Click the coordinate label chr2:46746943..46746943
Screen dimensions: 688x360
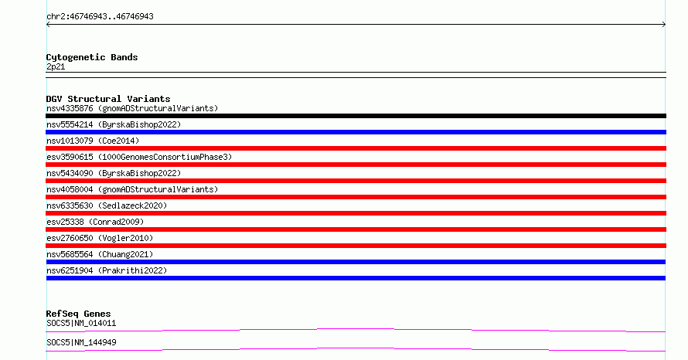coord(100,17)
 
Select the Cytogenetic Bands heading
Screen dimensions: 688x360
coord(92,57)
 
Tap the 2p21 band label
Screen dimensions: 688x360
coord(56,66)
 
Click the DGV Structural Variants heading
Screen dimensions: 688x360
coord(108,99)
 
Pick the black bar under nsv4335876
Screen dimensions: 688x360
coord(356,116)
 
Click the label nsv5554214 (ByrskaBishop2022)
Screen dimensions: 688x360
coord(114,124)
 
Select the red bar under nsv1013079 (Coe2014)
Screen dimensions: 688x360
coord(356,148)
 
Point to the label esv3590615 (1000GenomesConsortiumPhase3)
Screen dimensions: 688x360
coord(139,157)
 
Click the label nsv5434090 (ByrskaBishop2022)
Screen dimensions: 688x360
coord(114,173)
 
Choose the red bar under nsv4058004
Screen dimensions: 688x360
coord(356,197)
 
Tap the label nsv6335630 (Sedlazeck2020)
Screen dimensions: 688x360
coord(107,205)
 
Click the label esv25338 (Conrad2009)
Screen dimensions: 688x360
coord(95,222)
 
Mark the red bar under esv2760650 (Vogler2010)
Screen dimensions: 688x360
coord(356,246)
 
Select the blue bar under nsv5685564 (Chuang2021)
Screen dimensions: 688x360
coord(356,262)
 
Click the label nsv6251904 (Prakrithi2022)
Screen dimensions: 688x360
coord(107,270)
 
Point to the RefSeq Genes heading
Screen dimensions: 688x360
coord(78,314)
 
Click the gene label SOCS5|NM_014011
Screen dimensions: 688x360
coord(81,324)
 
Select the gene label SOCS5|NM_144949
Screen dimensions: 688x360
coord(81,342)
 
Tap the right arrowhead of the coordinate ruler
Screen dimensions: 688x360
coord(664,25)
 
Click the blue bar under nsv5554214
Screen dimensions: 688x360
coord(356,132)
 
